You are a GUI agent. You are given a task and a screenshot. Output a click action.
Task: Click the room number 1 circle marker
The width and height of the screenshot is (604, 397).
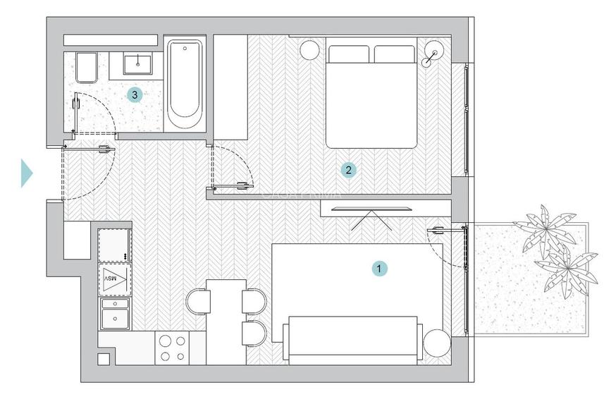coord(380,268)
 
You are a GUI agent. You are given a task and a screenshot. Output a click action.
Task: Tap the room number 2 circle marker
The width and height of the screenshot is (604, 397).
coord(347,169)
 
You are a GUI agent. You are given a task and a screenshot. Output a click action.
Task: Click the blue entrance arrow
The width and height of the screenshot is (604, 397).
coord(27,173)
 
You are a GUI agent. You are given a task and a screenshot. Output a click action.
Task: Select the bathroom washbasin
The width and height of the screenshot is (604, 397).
coord(137,63)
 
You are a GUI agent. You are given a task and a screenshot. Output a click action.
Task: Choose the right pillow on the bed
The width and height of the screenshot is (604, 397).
coord(394,54)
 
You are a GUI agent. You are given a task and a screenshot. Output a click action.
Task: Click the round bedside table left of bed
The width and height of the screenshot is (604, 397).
coord(309,50)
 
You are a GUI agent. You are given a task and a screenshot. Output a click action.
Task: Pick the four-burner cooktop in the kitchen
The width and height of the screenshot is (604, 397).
coord(172,348)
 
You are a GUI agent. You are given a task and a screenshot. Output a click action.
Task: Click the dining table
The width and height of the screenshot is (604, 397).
coord(226,321)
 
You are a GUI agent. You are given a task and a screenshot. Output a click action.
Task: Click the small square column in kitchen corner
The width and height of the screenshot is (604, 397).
coord(104,358)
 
